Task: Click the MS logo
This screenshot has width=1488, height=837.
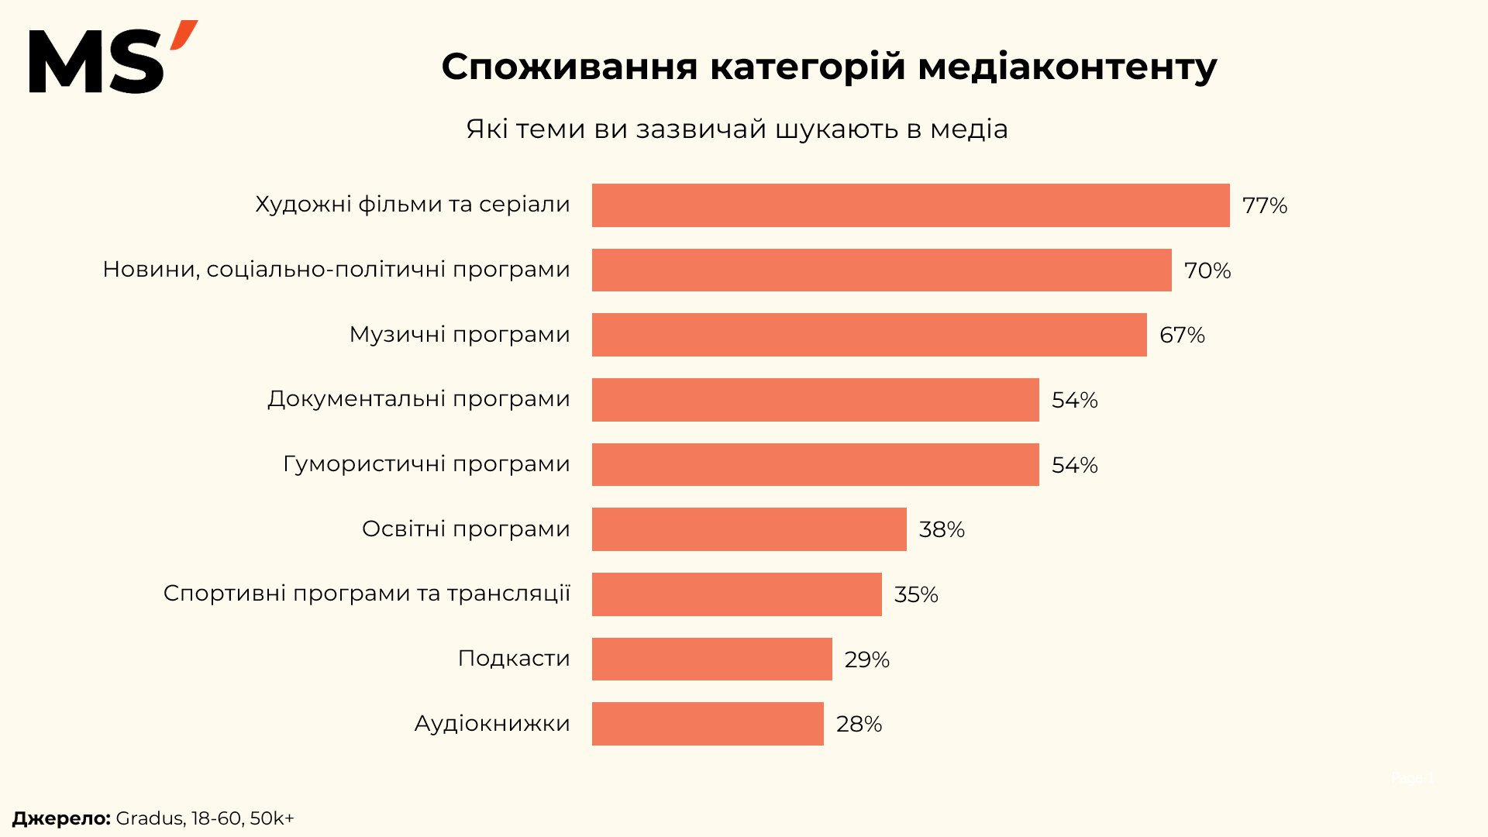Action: point(112,58)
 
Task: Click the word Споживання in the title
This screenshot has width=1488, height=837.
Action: point(570,67)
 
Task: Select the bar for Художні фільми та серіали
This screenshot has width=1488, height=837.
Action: point(911,205)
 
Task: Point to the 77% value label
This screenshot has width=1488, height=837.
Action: point(1264,205)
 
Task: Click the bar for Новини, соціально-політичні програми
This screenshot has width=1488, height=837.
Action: point(881,270)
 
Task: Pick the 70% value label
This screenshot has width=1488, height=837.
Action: point(1207,270)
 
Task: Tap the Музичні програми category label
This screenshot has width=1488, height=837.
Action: point(460,335)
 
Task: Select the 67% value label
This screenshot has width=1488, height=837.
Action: point(1182,335)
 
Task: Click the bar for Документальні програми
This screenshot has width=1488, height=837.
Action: point(815,400)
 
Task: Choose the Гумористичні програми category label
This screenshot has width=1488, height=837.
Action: point(426,464)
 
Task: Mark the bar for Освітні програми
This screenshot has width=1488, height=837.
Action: point(749,529)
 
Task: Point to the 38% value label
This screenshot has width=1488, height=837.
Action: point(942,529)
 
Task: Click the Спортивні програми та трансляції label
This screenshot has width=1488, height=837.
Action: point(367,594)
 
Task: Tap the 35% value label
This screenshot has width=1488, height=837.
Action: point(916,594)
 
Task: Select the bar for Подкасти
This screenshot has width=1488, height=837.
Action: point(711,659)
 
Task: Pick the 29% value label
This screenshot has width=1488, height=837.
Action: point(866,660)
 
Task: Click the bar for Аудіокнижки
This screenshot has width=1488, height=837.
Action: point(708,724)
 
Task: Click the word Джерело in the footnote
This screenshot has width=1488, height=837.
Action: point(61,818)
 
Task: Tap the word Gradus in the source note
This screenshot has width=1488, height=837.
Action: point(150,818)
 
